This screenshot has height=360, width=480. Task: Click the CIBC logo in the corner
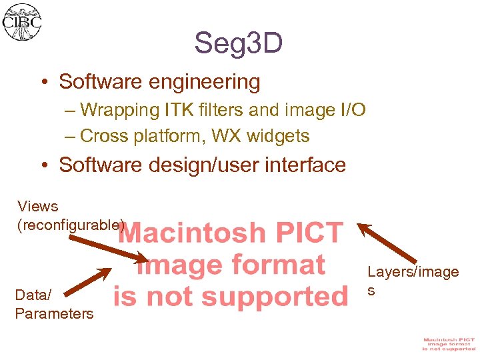click(23, 21)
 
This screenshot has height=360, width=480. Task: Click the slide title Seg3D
click(239, 44)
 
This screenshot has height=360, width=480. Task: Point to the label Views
click(38, 207)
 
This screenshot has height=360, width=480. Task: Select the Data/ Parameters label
click(53, 304)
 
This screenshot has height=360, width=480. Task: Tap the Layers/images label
click(413, 280)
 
